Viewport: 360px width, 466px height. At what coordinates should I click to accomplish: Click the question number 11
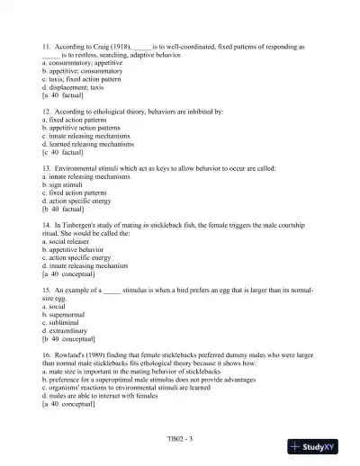46,45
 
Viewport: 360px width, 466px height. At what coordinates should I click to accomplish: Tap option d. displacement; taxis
74,85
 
